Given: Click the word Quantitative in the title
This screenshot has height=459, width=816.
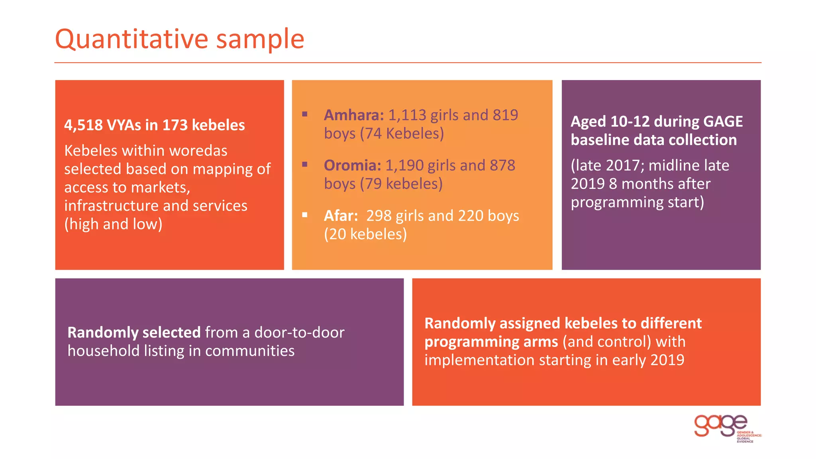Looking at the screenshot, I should [x=131, y=39].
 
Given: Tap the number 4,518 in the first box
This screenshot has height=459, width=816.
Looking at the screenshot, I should [x=83, y=125].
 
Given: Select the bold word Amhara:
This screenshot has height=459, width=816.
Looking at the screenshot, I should [x=353, y=115].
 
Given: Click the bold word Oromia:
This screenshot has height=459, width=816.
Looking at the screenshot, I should [x=352, y=165].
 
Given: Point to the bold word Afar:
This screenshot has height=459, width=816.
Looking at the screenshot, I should [x=341, y=216].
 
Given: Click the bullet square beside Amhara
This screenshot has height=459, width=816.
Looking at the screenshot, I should [x=305, y=114].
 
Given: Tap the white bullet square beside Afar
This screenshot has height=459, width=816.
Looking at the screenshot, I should [x=305, y=215].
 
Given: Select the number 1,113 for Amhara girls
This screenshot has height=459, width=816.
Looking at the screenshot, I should [x=407, y=115].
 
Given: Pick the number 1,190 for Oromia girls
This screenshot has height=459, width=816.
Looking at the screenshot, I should [x=404, y=165].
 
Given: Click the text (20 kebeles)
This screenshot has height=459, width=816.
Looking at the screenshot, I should [x=365, y=234].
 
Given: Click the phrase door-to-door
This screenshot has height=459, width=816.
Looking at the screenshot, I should [x=299, y=332].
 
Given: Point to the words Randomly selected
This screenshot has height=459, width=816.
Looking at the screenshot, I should [x=134, y=332].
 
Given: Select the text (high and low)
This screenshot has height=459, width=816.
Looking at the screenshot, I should [x=113, y=224].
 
